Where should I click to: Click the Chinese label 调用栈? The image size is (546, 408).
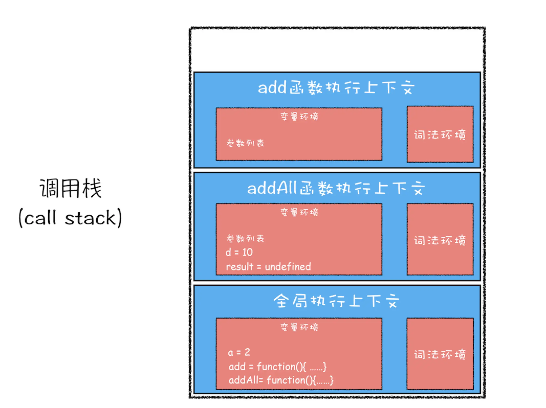coord(71,189)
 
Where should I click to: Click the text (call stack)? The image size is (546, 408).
coord(70,218)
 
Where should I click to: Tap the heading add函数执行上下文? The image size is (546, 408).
coord(336,88)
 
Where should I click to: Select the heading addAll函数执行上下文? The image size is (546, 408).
coord(336,188)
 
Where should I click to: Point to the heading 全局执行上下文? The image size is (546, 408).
coord(336,301)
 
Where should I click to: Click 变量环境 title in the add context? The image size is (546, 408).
coord(299,116)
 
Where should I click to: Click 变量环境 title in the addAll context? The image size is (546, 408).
coord(299,212)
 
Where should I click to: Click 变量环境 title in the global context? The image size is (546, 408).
coord(299,327)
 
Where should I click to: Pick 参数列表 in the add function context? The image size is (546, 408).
coord(245,143)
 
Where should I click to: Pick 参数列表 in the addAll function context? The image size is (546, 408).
coord(245,239)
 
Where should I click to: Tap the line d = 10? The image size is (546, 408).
coord(239,252)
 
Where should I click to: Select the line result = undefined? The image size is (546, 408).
coord(268,267)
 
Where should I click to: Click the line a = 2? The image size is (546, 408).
coord(239,352)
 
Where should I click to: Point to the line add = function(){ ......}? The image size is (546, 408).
coord(277,367)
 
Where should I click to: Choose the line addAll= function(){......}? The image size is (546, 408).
coord(281,380)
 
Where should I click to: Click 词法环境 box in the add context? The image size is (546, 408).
coord(440,134)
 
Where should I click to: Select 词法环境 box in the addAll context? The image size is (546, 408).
coord(440,240)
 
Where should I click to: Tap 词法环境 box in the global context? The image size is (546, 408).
coord(440,354)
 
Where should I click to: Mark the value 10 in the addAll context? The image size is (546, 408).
coord(247,252)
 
